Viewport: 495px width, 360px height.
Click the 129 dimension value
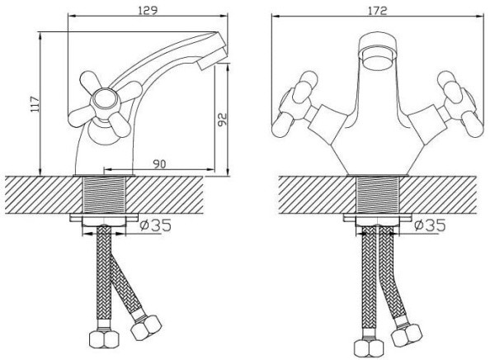[x=148, y=11]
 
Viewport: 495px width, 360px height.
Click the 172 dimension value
[x=377, y=11]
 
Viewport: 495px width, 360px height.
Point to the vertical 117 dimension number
[x=35, y=103]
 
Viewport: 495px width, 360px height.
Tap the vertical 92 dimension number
[x=223, y=120]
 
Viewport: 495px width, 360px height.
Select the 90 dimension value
[x=159, y=164]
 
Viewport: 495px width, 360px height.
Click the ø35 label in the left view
[x=155, y=225]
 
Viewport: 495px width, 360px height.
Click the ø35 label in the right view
[x=430, y=225]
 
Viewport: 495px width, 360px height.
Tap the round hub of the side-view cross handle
[x=106, y=102]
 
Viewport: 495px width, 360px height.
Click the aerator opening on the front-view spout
[x=378, y=57]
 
